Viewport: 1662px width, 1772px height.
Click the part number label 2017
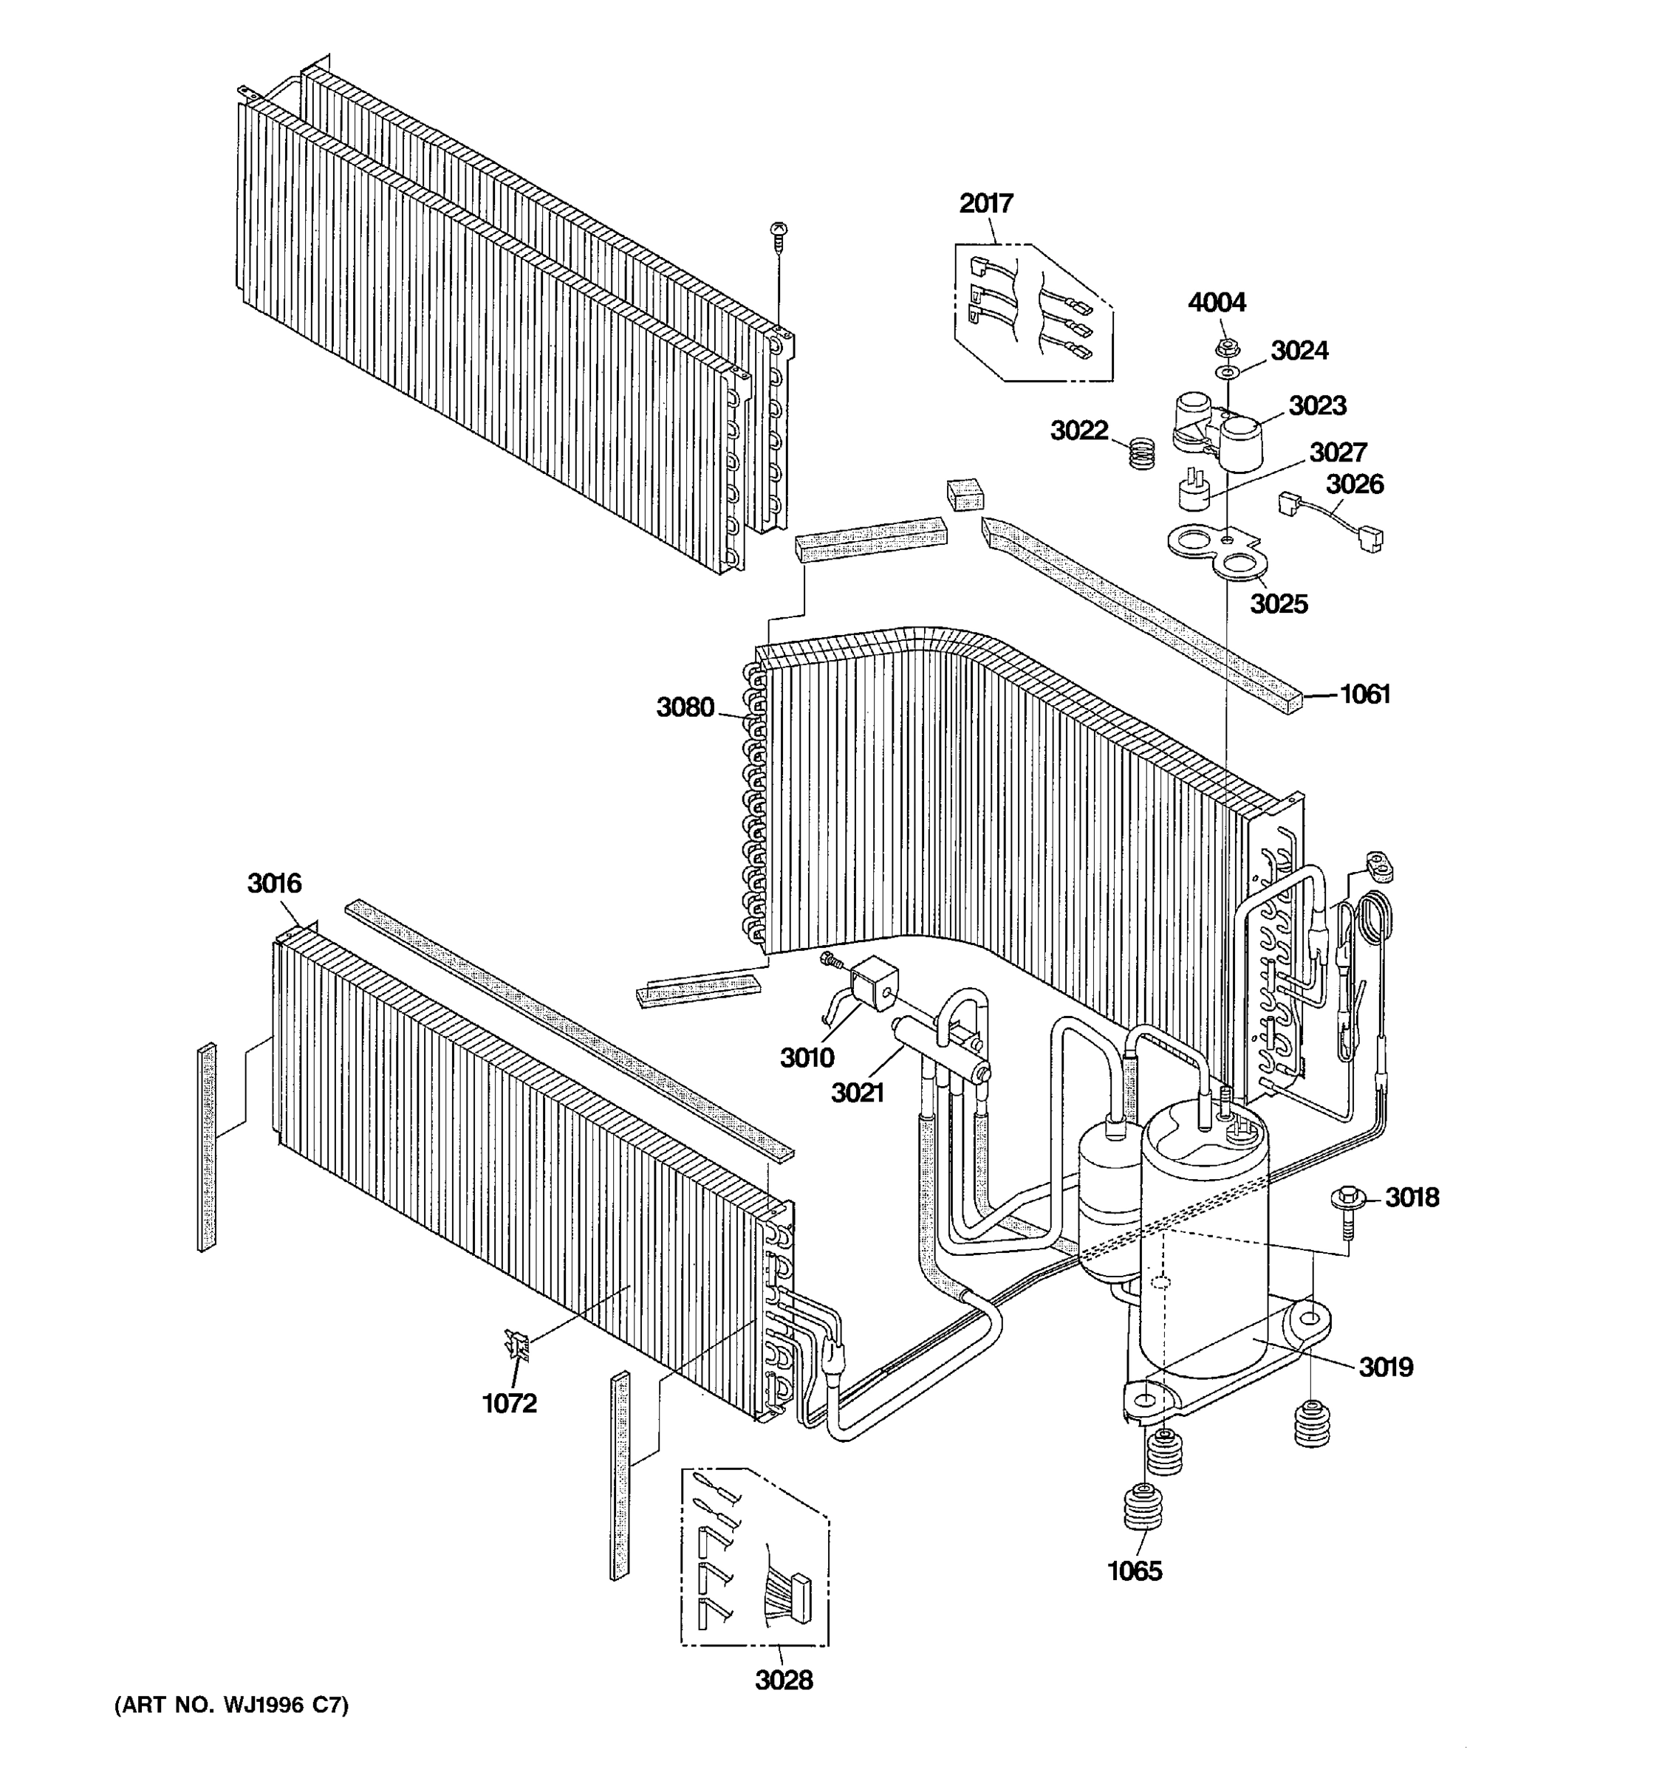[985, 203]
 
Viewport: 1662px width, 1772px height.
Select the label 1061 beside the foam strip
[1365, 693]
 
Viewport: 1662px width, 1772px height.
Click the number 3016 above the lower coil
[274, 882]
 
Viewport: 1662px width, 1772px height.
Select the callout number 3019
[1386, 1367]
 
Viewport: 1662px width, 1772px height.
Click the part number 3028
[784, 1680]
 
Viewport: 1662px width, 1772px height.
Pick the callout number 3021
[857, 1092]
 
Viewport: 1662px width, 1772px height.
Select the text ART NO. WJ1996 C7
[231, 1705]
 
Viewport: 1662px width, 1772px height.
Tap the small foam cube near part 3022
[965, 493]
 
